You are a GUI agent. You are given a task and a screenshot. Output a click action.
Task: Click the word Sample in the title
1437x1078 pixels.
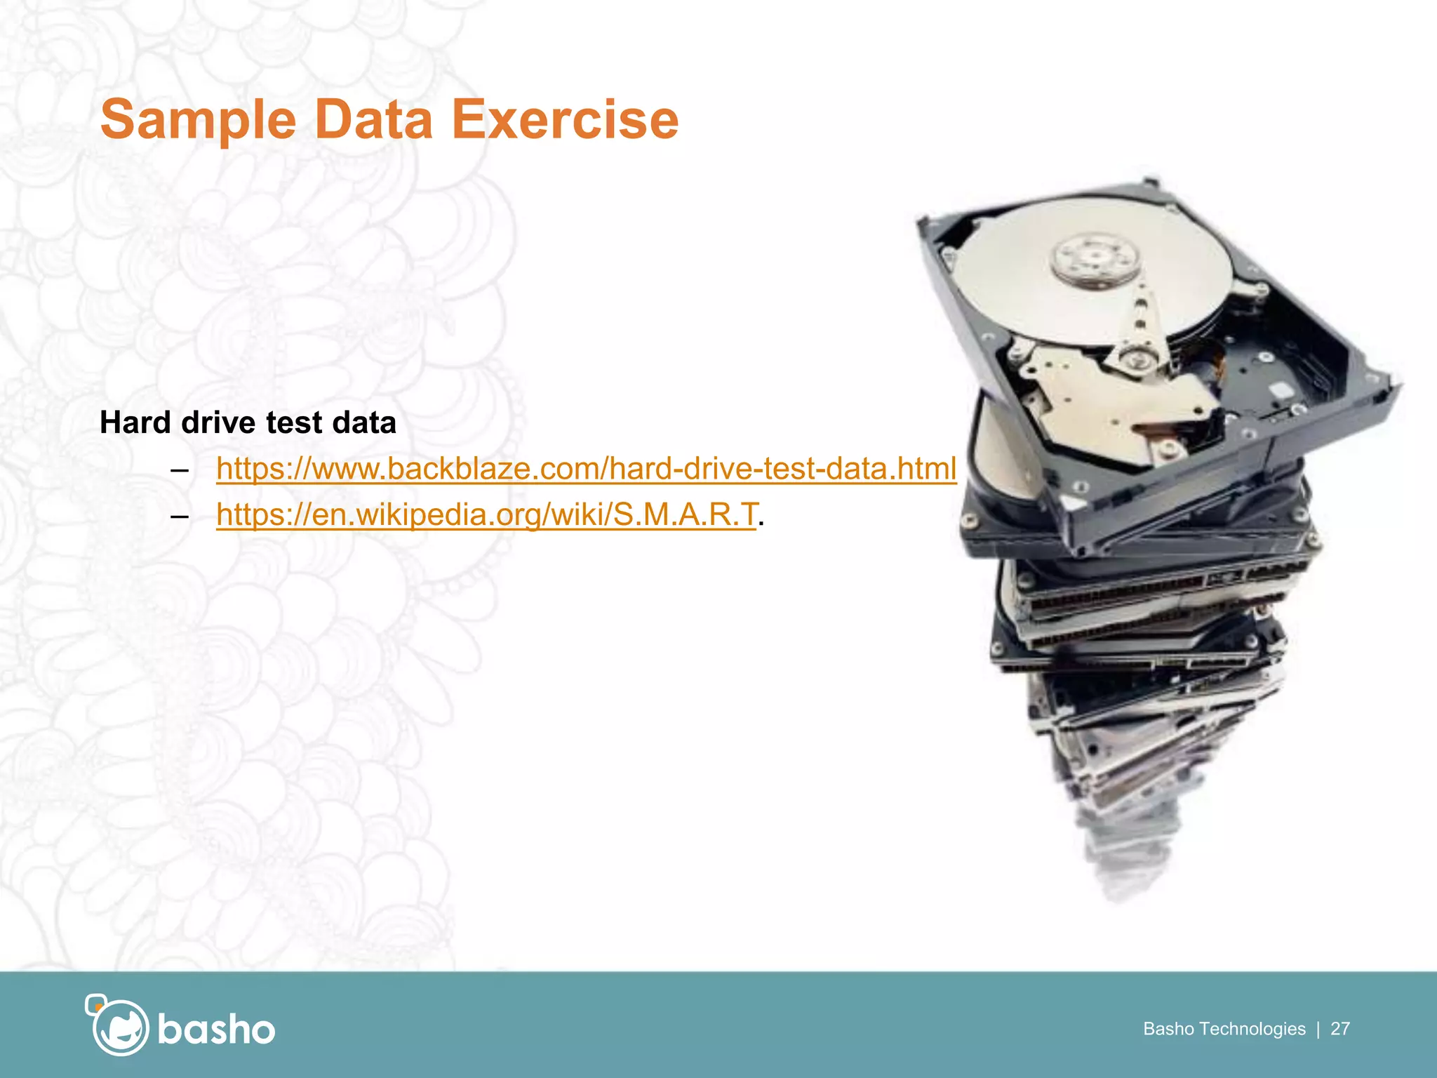(x=199, y=120)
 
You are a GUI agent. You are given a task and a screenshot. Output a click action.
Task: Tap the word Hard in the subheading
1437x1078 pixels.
(x=135, y=422)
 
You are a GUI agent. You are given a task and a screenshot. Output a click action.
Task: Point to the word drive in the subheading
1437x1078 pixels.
(x=218, y=422)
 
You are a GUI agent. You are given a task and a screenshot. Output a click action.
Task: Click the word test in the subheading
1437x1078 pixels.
(x=293, y=422)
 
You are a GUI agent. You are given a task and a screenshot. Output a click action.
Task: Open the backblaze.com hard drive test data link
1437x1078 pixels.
(x=586, y=469)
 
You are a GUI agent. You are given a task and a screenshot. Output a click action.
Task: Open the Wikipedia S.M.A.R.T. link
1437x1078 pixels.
(x=487, y=514)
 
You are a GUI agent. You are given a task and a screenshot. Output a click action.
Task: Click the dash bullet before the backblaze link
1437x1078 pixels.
(x=180, y=470)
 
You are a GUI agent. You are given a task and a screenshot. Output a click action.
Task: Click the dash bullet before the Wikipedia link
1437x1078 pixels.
(x=180, y=517)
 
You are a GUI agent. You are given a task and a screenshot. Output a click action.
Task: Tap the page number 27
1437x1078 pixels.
(x=1340, y=1029)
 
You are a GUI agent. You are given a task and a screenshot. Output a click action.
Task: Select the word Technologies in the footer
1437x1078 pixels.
(x=1252, y=1029)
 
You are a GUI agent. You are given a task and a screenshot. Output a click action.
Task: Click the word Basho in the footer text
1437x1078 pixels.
(x=1168, y=1029)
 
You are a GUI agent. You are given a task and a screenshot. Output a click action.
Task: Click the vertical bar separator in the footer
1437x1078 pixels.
(x=1318, y=1029)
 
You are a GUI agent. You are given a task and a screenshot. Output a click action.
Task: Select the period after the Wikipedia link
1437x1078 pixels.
(x=761, y=524)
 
